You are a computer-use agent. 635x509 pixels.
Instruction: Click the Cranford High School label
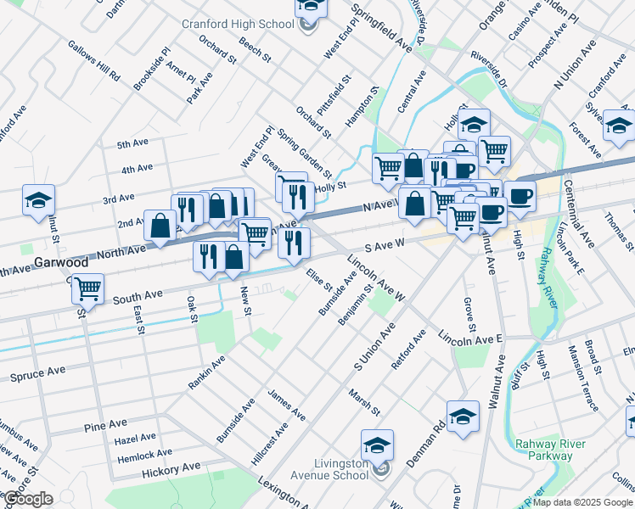(x=237, y=24)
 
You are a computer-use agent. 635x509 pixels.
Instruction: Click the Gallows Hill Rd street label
(x=94, y=60)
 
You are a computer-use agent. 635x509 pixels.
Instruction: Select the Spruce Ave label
(x=37, y=372)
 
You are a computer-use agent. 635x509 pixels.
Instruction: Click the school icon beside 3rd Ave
(x=38, y=200)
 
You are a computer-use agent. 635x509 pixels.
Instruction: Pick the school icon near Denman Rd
(x=463, y=416)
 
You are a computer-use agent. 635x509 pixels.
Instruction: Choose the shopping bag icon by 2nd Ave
(x=160, y=226)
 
